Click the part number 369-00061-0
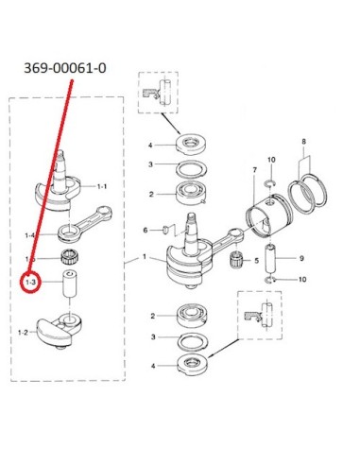tap(65, 68)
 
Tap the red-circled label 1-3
tap(30, 283)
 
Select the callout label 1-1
tap(102, 186)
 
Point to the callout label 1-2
tap(23, 332)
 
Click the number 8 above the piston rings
tap(303, 142)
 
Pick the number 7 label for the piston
tap(255, 170)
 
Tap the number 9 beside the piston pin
tap(301, 258)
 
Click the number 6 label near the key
tap(146, 231)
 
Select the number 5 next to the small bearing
tap(256, 261)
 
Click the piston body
tap(268, 214)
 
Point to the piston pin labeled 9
tap(271, 258)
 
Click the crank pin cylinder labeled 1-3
tap(70, 284)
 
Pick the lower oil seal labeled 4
tap(192, 365)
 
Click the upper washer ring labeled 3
tap(191, 169)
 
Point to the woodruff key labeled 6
tap(164, 231)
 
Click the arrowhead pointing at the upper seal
tap(179, 131)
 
